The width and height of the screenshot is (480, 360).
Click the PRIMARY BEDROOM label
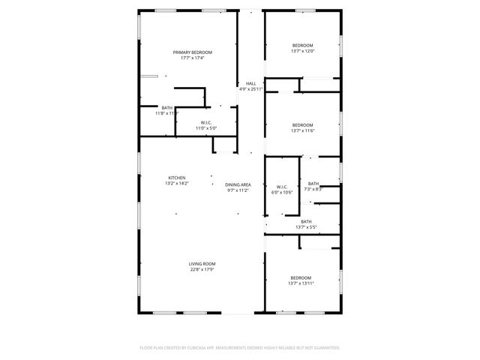tap(193, 52)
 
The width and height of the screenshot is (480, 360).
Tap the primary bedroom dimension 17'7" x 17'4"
tap(193, 58)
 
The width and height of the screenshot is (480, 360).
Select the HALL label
tap(250, 83)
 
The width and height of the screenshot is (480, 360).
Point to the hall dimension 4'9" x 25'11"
tap(250, 88)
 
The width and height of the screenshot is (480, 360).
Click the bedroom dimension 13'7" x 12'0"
tap(302, 51)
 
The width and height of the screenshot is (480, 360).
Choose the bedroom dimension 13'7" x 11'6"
tap(302, 130)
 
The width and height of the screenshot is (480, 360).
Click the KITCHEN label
tap(176, 178)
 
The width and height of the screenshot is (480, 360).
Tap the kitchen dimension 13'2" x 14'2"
tap(176, 183)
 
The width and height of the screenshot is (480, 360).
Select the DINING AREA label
tap(238, 184)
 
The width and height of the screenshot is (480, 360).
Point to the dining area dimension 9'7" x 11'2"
tap(238, 190)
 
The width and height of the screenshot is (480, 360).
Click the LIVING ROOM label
tap(202, 264)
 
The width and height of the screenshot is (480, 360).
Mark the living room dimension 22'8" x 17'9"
tap(202, 269)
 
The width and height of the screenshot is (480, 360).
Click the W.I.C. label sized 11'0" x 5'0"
tap(206, 123)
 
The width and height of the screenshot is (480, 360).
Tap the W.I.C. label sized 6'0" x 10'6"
tap(282, 187)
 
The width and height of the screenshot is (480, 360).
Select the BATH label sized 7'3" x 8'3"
tap(313, 184)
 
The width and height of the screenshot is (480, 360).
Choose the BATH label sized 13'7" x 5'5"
tap(306, 221)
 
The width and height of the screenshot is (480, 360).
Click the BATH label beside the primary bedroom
tap(166, 108)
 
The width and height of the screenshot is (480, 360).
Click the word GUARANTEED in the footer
tap(326, 348)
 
